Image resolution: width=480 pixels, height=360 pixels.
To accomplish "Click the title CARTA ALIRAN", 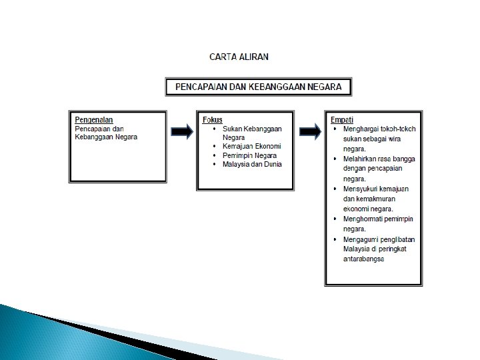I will [239, 57].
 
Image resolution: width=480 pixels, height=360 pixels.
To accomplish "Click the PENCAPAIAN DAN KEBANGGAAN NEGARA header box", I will [258, 87].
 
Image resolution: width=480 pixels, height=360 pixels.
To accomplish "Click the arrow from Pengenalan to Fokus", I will [181, 131].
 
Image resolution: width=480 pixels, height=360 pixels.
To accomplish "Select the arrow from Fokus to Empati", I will [309, 131].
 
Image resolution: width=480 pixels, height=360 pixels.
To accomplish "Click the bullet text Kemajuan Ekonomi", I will [251, 146].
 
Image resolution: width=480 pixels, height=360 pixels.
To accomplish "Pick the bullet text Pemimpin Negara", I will [249, 155].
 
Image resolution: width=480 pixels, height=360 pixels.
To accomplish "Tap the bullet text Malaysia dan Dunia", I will [252, 163].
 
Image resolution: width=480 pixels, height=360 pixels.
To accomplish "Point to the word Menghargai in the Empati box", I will [359, 128].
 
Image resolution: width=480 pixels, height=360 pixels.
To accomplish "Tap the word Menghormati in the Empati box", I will [361, 219].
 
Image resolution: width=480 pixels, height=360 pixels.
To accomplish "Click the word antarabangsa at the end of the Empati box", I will [363, 259].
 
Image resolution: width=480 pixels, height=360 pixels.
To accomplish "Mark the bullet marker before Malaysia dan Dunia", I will [214, 163].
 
